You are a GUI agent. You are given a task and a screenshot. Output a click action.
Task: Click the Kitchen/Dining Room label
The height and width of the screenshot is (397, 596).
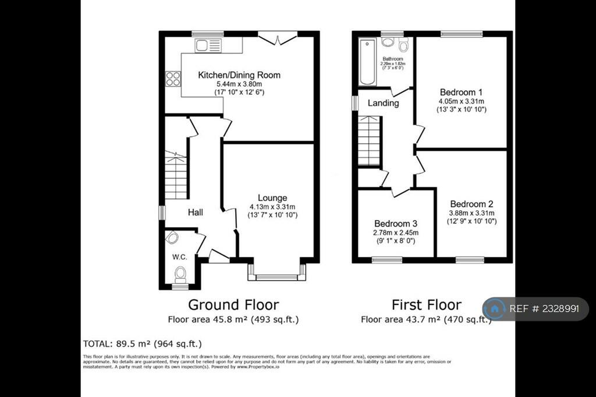(239, 75)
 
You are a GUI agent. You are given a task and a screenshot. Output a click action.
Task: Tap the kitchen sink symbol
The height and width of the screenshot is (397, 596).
(206, 45)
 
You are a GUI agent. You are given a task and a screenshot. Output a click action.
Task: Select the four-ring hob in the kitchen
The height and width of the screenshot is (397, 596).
(173, 79)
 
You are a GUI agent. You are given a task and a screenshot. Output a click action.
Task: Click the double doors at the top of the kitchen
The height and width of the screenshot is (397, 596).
(276, 39)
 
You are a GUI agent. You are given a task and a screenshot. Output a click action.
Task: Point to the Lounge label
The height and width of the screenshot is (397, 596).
(272, 198)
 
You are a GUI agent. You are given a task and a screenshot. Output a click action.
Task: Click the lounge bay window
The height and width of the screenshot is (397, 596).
(276, 272)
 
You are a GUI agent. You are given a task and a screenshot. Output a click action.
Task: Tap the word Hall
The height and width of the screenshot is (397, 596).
(195, 213)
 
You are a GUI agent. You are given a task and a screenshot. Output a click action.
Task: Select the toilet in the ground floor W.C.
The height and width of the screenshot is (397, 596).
(180, 273)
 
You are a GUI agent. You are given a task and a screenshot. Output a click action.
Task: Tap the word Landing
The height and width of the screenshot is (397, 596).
(384, 103)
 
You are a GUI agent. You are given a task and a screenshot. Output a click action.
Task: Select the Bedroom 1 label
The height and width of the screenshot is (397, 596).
(462, 92)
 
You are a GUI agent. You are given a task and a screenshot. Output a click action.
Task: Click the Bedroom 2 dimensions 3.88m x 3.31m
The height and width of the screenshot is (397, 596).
(471, 213)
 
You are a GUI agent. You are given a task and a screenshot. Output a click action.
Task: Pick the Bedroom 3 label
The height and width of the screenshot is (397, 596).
(396, 224)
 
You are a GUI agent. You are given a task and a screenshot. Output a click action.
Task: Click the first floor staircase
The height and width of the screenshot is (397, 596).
(368, 140)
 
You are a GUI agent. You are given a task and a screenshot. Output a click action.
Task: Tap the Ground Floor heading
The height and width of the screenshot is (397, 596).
(233, 304)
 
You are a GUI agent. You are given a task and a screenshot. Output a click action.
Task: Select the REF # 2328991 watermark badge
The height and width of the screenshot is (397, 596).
(535, 309)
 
